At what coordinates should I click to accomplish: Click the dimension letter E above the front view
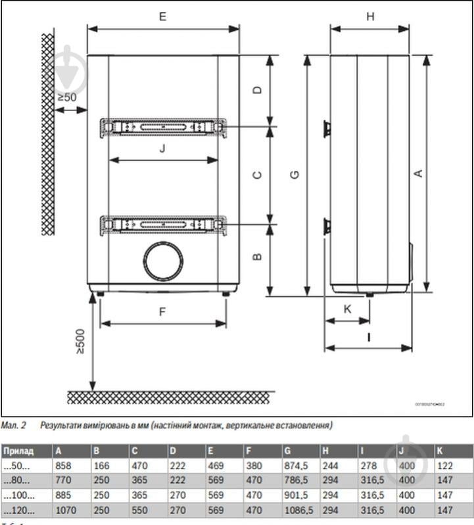162,17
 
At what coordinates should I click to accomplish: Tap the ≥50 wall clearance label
66,97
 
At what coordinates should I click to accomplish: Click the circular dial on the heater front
162,261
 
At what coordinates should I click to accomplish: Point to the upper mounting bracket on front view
163,127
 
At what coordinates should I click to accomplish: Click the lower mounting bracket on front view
163,225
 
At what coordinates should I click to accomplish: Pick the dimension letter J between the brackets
162,148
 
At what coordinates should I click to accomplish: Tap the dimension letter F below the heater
162,312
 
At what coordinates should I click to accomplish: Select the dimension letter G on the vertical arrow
295,174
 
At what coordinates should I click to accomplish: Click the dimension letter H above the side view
370,17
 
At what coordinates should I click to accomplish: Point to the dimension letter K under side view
348,309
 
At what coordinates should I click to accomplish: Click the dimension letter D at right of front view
258,89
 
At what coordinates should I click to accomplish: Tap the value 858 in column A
64,466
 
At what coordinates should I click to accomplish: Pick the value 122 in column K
444,466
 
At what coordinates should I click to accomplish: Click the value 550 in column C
139,510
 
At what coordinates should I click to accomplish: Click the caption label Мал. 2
13,426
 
